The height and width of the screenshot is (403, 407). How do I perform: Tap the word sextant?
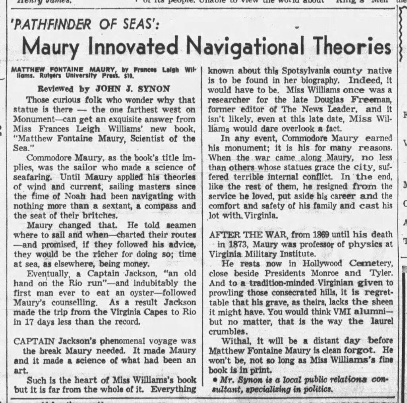click(x=110, y=206)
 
